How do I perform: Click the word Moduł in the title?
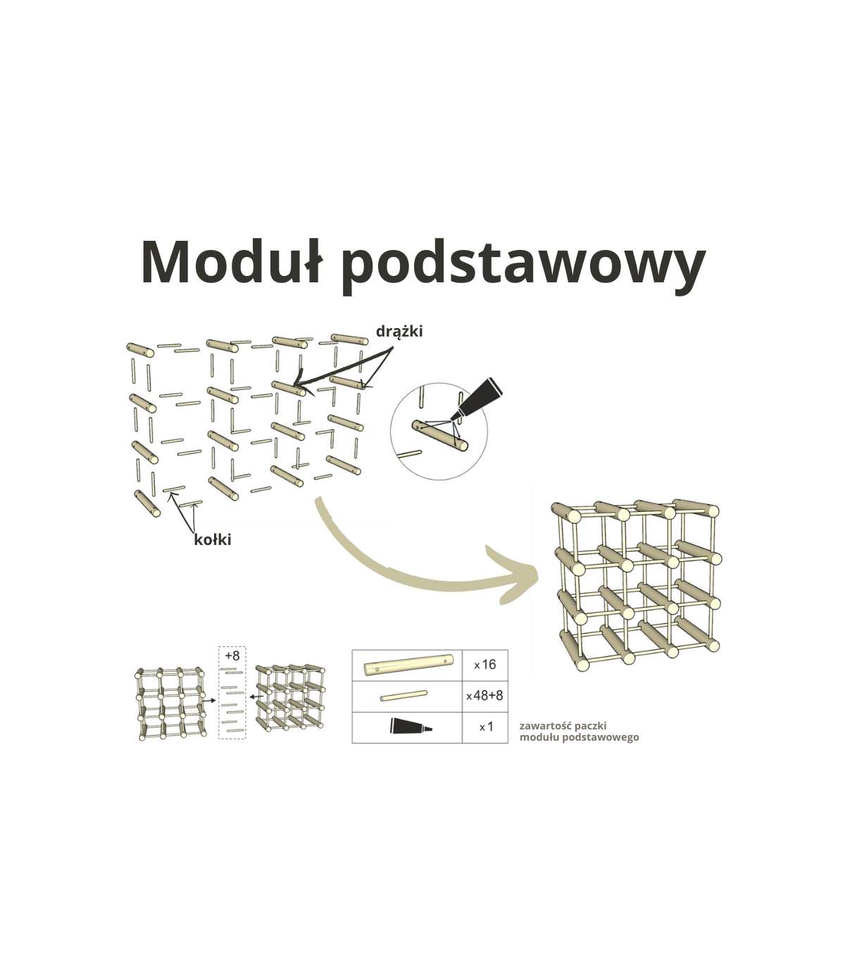pyautogui.click(x=232, y=263)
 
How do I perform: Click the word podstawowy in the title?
pyautogui.click(x=524, y=268)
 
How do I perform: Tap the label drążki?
pyautogui.click(x=399, y=332)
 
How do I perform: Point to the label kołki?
pyautogui.click(x=213, y=539)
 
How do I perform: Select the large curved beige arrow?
pyautogui.click(x=425, y=562)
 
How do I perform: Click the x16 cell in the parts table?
pyautogui.click(x=484, y=665)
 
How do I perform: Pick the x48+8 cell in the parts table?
pyautogui.click(x=484, y=696)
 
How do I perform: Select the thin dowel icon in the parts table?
pyautogui.click(x=403, y=696)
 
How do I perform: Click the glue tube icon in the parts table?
pyautogui.click(x=411, y=727)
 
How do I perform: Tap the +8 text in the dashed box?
pyautogui.click(x=232, y=655)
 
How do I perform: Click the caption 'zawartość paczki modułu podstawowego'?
pyautogui.click(x=580, y=732)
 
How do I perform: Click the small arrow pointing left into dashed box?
pyautogui.click(x=256, y=696)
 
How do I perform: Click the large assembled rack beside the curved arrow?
pyautogui.click(x=636, y=585)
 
